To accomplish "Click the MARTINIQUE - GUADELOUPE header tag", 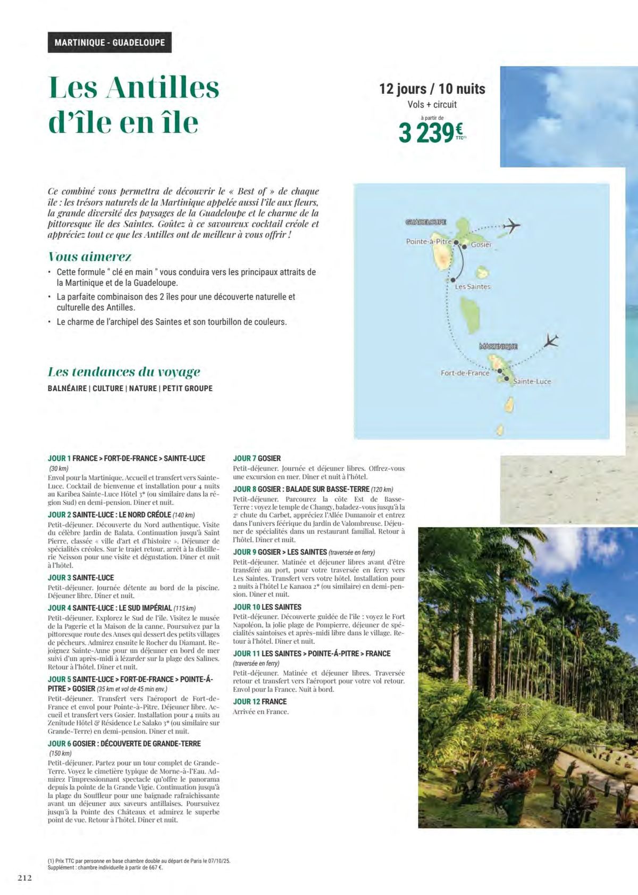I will click(110, 43).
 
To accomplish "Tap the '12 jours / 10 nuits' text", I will click(432, 89).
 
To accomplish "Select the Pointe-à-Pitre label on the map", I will click(429, 242).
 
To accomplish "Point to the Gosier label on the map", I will click(481, 245).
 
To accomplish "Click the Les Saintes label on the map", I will click(473, 287).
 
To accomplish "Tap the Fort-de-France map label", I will click(465, 373).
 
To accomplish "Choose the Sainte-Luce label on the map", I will click(532, 382).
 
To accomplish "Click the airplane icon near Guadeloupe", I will click(511, 226).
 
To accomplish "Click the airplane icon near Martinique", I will click(551, 339).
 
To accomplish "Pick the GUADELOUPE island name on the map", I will click(426, 222).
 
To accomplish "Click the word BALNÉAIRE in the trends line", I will click(67, 388).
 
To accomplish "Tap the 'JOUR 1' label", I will click(59, 458).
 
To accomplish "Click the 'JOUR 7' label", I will click(245, 458).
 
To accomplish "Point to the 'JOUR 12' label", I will click(246, 701).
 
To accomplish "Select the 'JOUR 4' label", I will click(59, 608).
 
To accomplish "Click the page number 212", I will click(24, 878).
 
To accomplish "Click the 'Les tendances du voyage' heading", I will click(124, 371).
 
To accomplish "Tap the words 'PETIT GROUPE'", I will click(187, 388).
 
